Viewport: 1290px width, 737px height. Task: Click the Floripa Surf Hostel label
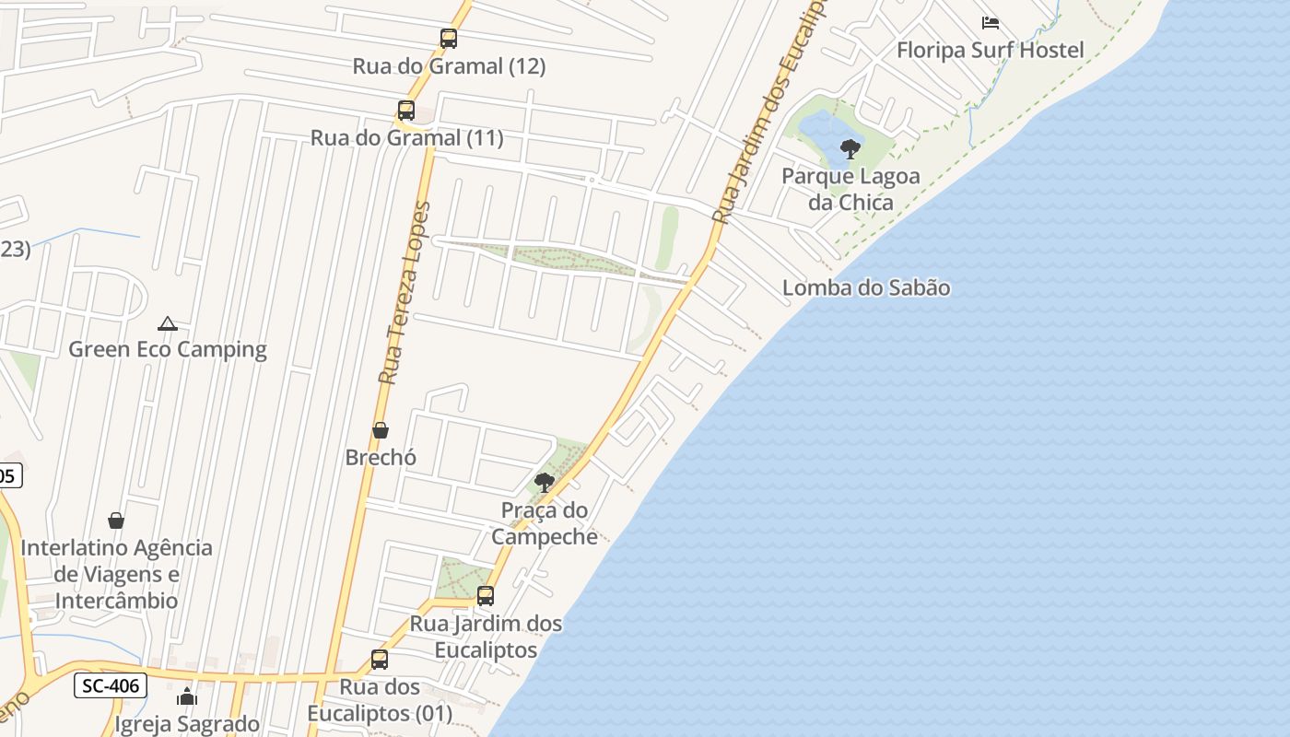991,50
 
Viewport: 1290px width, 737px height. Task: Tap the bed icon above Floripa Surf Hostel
991,22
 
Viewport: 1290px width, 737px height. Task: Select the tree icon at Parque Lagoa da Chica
850,148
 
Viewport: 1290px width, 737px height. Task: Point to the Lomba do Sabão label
866,287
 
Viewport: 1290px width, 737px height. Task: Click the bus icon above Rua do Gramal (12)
449,39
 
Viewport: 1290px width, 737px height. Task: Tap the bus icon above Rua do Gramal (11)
406,111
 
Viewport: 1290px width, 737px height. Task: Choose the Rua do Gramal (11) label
406,138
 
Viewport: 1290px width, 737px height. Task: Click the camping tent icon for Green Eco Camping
167,323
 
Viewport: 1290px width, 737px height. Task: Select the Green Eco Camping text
168,349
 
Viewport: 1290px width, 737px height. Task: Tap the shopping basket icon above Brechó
381,430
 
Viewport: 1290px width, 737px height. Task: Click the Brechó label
381,457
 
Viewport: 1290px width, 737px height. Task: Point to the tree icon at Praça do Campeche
545,482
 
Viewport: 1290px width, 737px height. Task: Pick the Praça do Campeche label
545,522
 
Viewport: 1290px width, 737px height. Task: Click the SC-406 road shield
111,685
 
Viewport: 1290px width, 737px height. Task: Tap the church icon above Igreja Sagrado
187,696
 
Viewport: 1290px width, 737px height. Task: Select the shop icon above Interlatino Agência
116,521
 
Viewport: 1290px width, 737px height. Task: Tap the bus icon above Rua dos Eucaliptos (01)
380,660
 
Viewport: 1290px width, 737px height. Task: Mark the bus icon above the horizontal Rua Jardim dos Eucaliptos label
486,596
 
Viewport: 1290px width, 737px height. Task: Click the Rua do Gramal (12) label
449,66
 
